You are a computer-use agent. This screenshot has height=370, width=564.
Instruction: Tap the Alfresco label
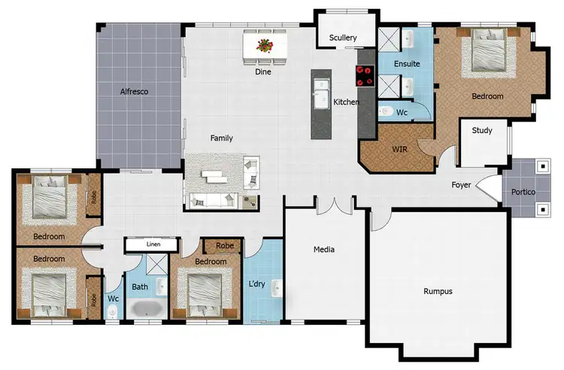point(135,92)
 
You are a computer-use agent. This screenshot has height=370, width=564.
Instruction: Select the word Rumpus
point(438,291)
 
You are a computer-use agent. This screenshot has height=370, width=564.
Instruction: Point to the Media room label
point(324,250)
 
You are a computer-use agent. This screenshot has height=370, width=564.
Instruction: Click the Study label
point(482,131)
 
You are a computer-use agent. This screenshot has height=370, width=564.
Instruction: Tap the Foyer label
point(462,185)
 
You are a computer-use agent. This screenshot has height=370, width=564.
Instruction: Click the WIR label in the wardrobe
point(399,149)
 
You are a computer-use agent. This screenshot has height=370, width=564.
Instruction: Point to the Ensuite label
point(407,64)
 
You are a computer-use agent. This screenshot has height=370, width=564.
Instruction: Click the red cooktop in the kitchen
point(365,74)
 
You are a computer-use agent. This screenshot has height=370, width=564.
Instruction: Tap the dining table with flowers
point(264,46)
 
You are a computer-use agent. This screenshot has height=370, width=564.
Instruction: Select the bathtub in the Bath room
point(146,309)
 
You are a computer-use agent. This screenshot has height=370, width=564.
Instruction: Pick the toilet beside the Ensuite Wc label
point(386,112)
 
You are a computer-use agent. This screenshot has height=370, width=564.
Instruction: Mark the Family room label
point(221,138)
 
